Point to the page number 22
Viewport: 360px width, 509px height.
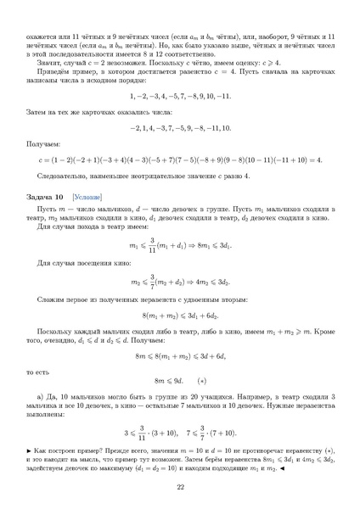180,486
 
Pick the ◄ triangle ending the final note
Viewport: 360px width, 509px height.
326,463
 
